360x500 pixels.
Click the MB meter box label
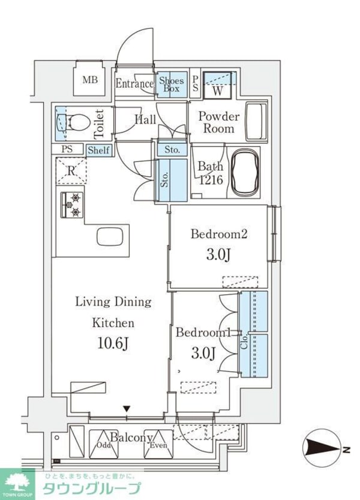click(90, 80)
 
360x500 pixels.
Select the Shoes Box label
click(172, 85)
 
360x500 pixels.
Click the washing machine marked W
click(218, 86)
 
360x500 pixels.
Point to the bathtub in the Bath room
click(245, 173)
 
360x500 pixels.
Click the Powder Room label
click(218, 122)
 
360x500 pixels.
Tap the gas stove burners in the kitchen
click(72, 205)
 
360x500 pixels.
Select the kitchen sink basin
click(110, 237)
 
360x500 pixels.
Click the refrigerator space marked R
click(71, 171)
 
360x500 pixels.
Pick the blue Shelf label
click(98, 150)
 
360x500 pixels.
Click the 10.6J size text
click(113, 343)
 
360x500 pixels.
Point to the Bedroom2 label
click(219, 234)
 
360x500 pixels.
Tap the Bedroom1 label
click(203, 333)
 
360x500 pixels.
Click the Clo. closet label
click(245, 342)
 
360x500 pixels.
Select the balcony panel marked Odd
click(103, 444)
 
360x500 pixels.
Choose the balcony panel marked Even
click(158, 444)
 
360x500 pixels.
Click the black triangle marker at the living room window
click(127, 408)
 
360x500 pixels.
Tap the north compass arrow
click(323, 450)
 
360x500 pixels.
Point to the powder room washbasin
click(256, 122)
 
